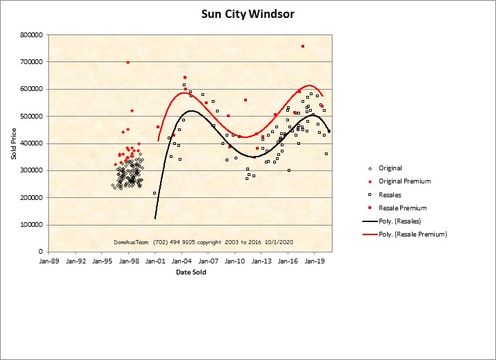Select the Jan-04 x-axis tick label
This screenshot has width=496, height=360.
182,261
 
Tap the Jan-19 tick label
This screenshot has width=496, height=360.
315,261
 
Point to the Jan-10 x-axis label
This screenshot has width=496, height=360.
235,261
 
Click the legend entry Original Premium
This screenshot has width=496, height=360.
404,181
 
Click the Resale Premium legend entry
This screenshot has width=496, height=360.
403,208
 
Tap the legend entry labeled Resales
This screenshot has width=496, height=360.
390,194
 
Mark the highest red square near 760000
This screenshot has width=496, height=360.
303,46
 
